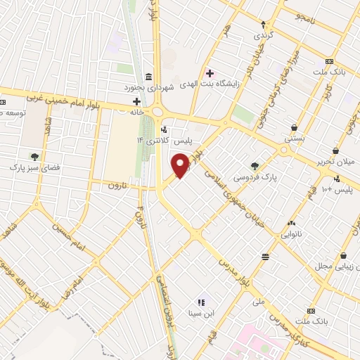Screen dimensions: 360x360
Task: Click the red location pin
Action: click(x=181, y=166)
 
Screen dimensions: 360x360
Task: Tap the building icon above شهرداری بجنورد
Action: click(x=148, y=77)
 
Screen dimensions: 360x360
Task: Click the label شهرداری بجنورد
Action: click(x=148, y=87)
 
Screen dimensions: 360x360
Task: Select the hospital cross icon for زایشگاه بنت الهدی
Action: click(x=210, y=72)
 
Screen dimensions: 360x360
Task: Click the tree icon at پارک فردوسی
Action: click(x=255, y=167)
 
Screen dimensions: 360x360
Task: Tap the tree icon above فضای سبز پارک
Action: click(x=34, y=157)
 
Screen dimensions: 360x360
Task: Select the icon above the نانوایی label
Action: click(x=290, y=223)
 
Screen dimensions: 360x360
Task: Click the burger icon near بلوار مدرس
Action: click(x=264, y=257)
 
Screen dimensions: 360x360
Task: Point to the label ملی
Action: click(x=259, y=301)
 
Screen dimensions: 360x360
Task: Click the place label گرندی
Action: click(x=262, y=34)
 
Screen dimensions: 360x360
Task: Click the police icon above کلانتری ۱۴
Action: click(x=165, y=129)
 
